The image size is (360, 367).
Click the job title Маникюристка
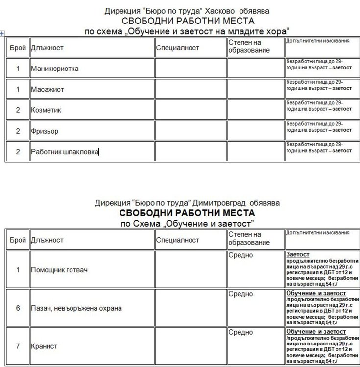pos(54,69)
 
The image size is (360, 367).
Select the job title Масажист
pos(47,90)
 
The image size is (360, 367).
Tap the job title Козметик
pos(46,110)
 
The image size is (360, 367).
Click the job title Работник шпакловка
pos(65,152)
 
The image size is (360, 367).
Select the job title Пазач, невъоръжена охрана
pos(76,308)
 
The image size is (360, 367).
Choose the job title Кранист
pos(44,346)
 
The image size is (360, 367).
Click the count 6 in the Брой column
pos(18,308)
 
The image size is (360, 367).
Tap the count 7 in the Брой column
pos(18,346)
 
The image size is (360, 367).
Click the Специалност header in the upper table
pos(178,48)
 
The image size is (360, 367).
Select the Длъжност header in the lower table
pos(47,240)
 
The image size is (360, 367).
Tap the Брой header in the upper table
pos(18,48)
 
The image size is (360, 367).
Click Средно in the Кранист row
pos(240,332)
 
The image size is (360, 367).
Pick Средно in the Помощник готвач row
pos(240,255)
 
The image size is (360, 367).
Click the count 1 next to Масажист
pos(18,90)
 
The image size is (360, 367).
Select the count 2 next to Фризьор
pos(18,131)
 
